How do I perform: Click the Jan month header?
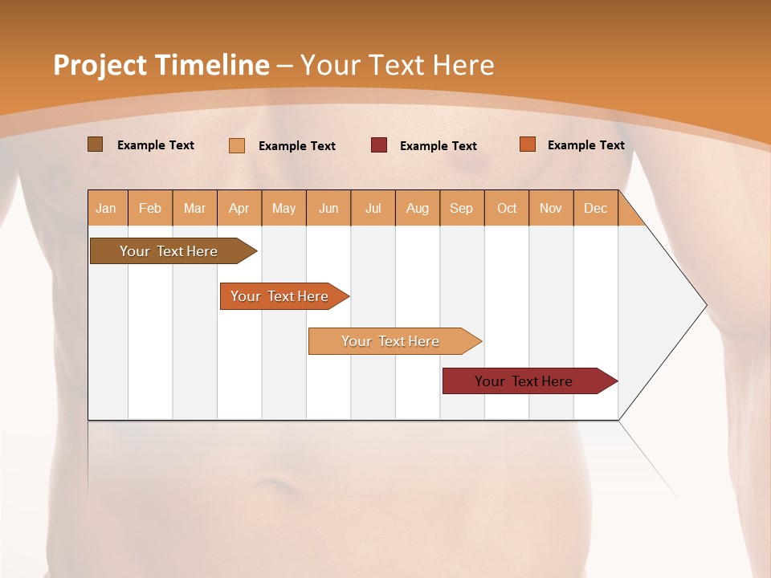coord(107,208)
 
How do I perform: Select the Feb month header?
coord(150,208)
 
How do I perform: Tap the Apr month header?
coord(239,208)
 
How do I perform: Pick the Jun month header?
coord(328,208)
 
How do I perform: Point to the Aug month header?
coord(417,208)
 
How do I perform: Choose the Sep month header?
coord(461,208)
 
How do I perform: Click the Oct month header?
coord(507,208)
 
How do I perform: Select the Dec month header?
coord(595,208)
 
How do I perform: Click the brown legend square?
coord(96,144)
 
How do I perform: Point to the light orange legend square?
coord(237,145)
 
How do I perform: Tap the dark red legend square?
coord(379,145)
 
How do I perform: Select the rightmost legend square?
coord(528,144)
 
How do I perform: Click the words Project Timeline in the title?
coord(161,65)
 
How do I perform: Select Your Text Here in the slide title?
coord(398,65)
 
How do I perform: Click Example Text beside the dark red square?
coord(439,146)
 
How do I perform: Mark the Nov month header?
coord(551,208)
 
